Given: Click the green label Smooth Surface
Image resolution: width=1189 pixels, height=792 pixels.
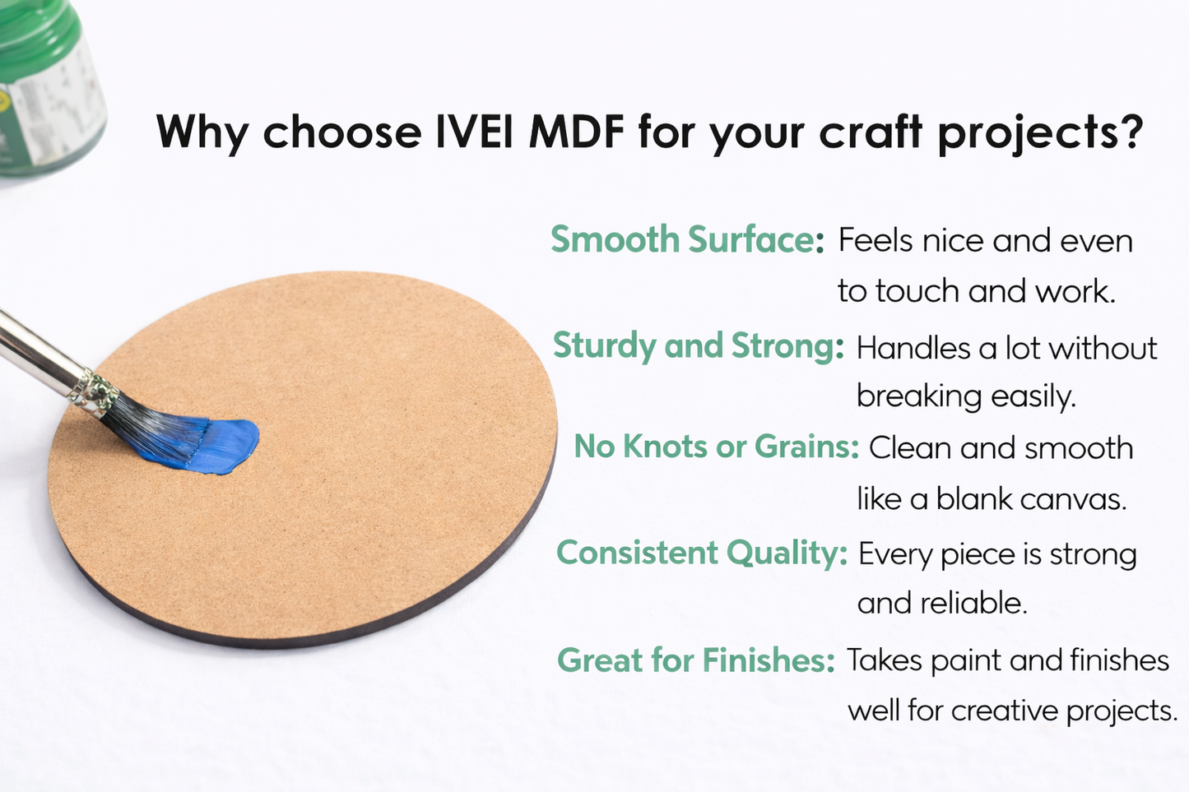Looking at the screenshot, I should (x=687, y=239).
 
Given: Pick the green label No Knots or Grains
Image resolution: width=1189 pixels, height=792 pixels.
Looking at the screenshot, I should (x=716, y=446).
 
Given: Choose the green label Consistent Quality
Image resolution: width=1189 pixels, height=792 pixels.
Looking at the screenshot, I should (x=701, y=552).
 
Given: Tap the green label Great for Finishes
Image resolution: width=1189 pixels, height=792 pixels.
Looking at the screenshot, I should (x=696, y=660).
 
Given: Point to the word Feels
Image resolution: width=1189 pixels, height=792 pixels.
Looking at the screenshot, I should (x=875, y=240).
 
